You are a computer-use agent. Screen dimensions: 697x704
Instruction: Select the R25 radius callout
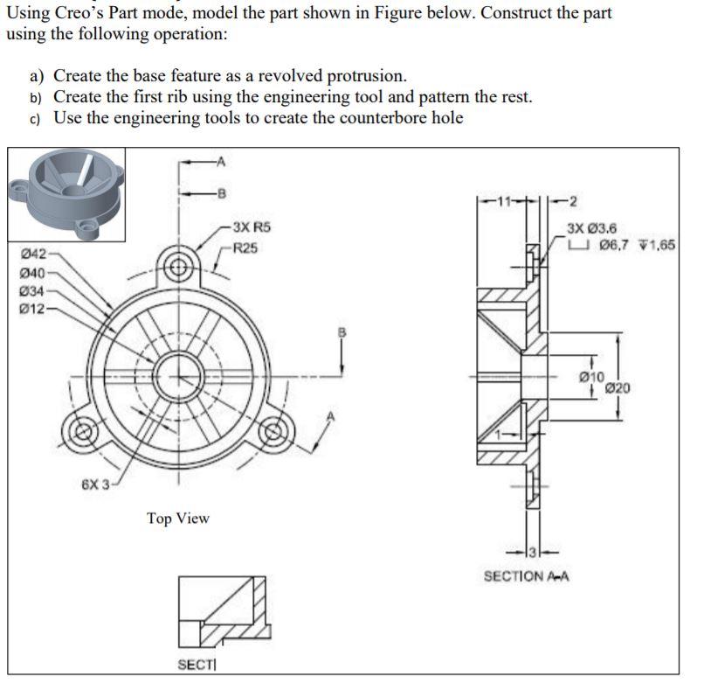pyautogui.click(x=245, y=248)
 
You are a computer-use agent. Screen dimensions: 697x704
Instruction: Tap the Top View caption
pyautogui.click(x=178, y=519)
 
